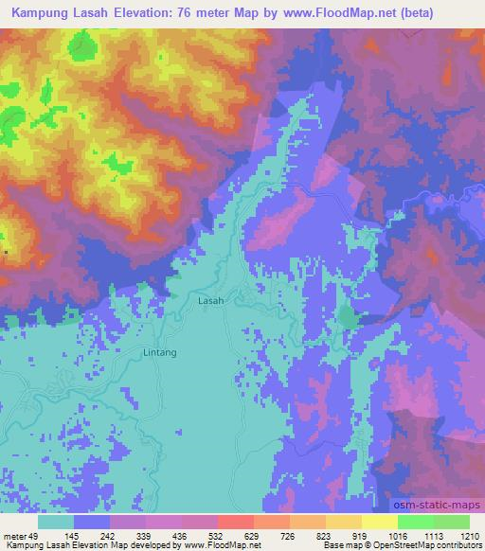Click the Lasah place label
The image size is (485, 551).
pyautogui.click(x=211, y=300)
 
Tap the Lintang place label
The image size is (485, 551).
pyautogui.click(x=159, y=351)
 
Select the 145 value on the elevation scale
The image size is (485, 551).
pyautogui.click(x=97, y=535)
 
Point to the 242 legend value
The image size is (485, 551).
pyautogui.click(x=134, y=535)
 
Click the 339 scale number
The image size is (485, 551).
pyautogui.click(x=171, y=535)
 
